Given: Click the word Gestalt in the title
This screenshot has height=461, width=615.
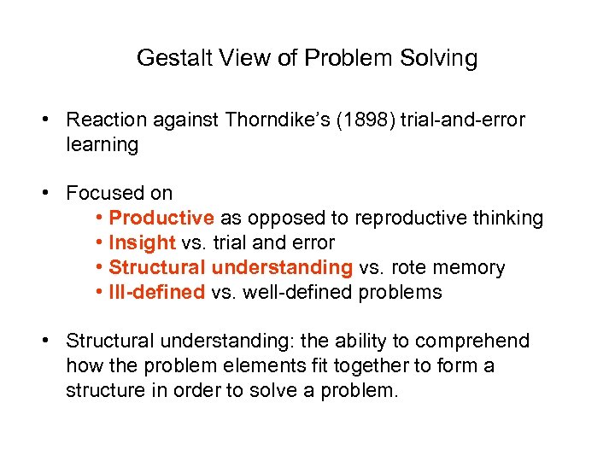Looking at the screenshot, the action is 174,58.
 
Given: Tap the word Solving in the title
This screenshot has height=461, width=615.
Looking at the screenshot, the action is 438,58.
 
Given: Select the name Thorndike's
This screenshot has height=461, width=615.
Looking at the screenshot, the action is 278,120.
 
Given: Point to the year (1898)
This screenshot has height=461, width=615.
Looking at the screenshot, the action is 366,120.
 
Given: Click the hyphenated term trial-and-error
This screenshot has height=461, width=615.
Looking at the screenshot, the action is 462,120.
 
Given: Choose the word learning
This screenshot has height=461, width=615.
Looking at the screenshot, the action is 102,144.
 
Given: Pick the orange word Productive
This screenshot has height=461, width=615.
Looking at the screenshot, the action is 161,218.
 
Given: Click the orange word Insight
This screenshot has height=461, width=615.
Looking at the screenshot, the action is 142,243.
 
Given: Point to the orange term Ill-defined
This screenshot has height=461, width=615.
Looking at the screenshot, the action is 157,292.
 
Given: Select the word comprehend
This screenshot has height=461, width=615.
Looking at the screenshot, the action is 472,341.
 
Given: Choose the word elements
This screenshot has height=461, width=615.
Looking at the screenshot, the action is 264,366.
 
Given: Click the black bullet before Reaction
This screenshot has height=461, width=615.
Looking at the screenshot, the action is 45,120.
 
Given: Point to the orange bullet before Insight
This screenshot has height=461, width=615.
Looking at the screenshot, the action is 99,242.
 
